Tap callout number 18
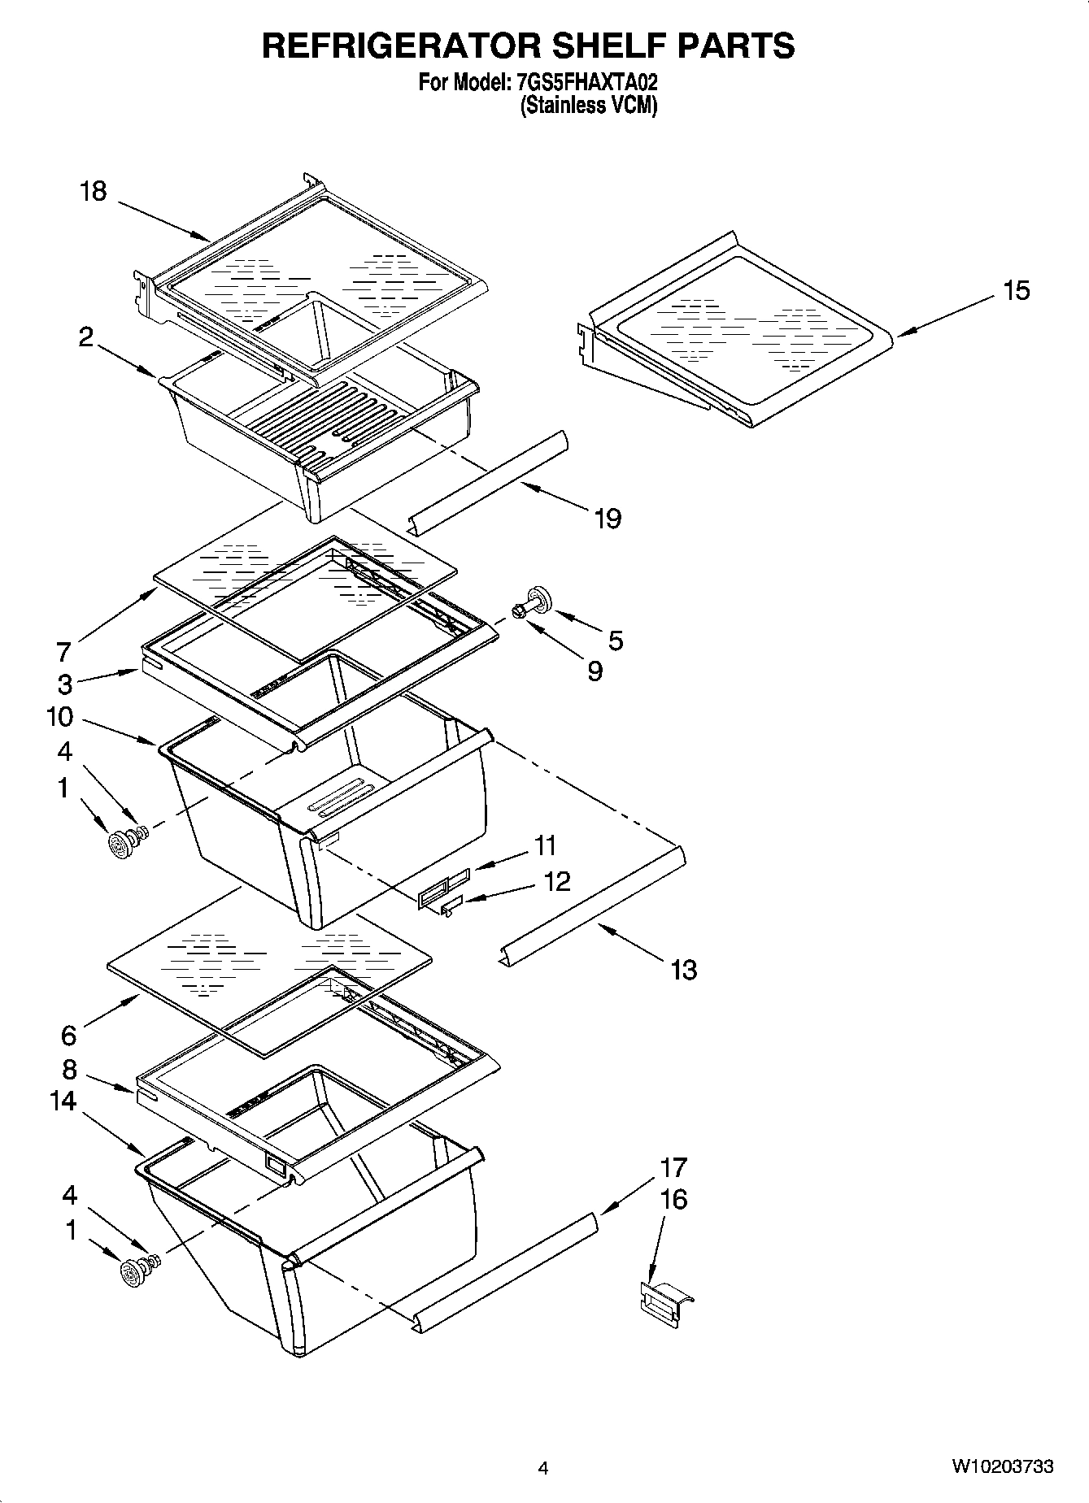(x=94, y=192)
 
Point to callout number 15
(x=1017, y=290)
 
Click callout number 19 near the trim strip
(x=608, y=518)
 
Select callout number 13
(x=684, y=969)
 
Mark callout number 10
(x=59, y=717)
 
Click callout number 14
(x=63, y=1101)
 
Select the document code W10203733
(x=1002, y=1466)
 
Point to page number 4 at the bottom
(x=543, y=1467)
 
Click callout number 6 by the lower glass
(x=69, y=1035)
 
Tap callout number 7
(x=64, y=652)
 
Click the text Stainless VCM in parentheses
(x=589, y=106)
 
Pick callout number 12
(x=557, y=881)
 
